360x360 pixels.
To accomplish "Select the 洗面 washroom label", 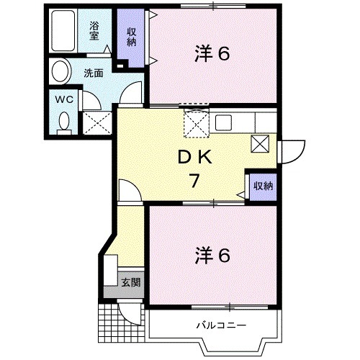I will (91, 73).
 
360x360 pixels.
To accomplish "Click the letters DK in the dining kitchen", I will (193, 157).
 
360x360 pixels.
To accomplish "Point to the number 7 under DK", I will (194, 181).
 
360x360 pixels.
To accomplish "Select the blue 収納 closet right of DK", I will (263, 186).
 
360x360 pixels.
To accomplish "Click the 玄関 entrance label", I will (130, 281).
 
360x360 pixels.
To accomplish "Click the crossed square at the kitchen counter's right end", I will (259, 143).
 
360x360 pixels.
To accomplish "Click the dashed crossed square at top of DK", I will (196, 124).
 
